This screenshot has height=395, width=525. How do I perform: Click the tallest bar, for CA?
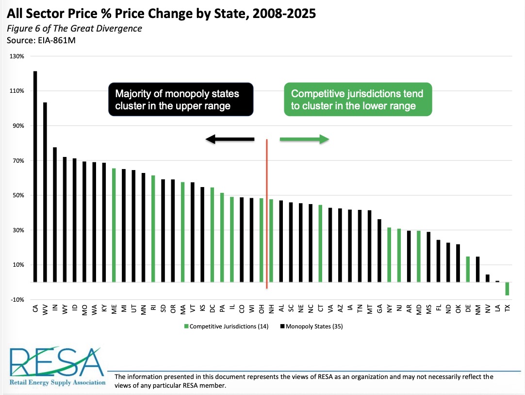pyautogui.click(x=35, y=176)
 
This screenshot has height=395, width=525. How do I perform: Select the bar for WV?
pyautogui.click(x=45, y=192)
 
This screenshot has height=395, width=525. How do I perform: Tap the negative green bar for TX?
pyautogui.click(x=507, y=289)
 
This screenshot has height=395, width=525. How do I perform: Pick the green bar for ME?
pyautogui.click(x=114, y=225)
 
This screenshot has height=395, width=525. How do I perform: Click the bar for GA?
pyautogui.click(x=379, y=251)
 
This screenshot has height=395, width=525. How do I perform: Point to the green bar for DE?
pyautogui.click(x=468, y=269)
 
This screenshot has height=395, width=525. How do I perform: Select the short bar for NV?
pyautogui.click(x=488, y=278)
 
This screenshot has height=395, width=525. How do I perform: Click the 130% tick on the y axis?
pyautogui.click(x=17, y=56)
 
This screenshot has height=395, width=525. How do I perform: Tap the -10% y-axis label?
pyautogui.click(x=17, y=299)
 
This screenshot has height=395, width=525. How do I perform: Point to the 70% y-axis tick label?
pyautogui.click(x=18, y=161)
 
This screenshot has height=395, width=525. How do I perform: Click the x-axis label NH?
pyautogui.click(x=271, y=309)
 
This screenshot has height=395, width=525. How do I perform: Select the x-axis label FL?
pyautogui.click(x=438, y=308)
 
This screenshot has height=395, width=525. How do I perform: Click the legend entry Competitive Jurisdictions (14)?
pyautogui.click(x=226, y=326)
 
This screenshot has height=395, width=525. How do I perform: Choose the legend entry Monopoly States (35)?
pyautogui.click(x=312, y=326)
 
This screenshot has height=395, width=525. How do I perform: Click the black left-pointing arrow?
pyautogui.click(x=230, y=139)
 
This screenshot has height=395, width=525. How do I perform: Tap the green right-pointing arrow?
pyautogui.click(x=304, y=139)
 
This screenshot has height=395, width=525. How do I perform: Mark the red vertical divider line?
pyautogui.click(x=267, y=214)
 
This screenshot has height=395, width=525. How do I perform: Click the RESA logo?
pyautogui.click(x=57, y=366)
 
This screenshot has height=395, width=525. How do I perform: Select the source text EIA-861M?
pyautogui.click(x=57, y=41)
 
